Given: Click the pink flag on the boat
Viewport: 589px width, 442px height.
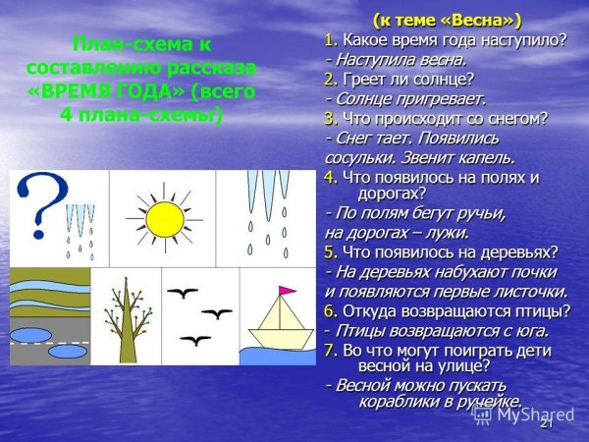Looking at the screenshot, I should (x=288, y=291).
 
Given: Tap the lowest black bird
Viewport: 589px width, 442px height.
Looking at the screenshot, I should (x=196, y=340).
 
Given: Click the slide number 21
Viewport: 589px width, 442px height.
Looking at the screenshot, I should (x=547, y=422).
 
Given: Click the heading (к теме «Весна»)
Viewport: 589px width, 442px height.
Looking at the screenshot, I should (x=448, y=20).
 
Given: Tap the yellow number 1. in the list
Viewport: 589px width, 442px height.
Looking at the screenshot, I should (x=331, y=39).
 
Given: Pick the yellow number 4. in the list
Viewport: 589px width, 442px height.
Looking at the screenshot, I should (x=331, y=177).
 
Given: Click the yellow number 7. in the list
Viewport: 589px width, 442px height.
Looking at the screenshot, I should (x=331, y=349).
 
